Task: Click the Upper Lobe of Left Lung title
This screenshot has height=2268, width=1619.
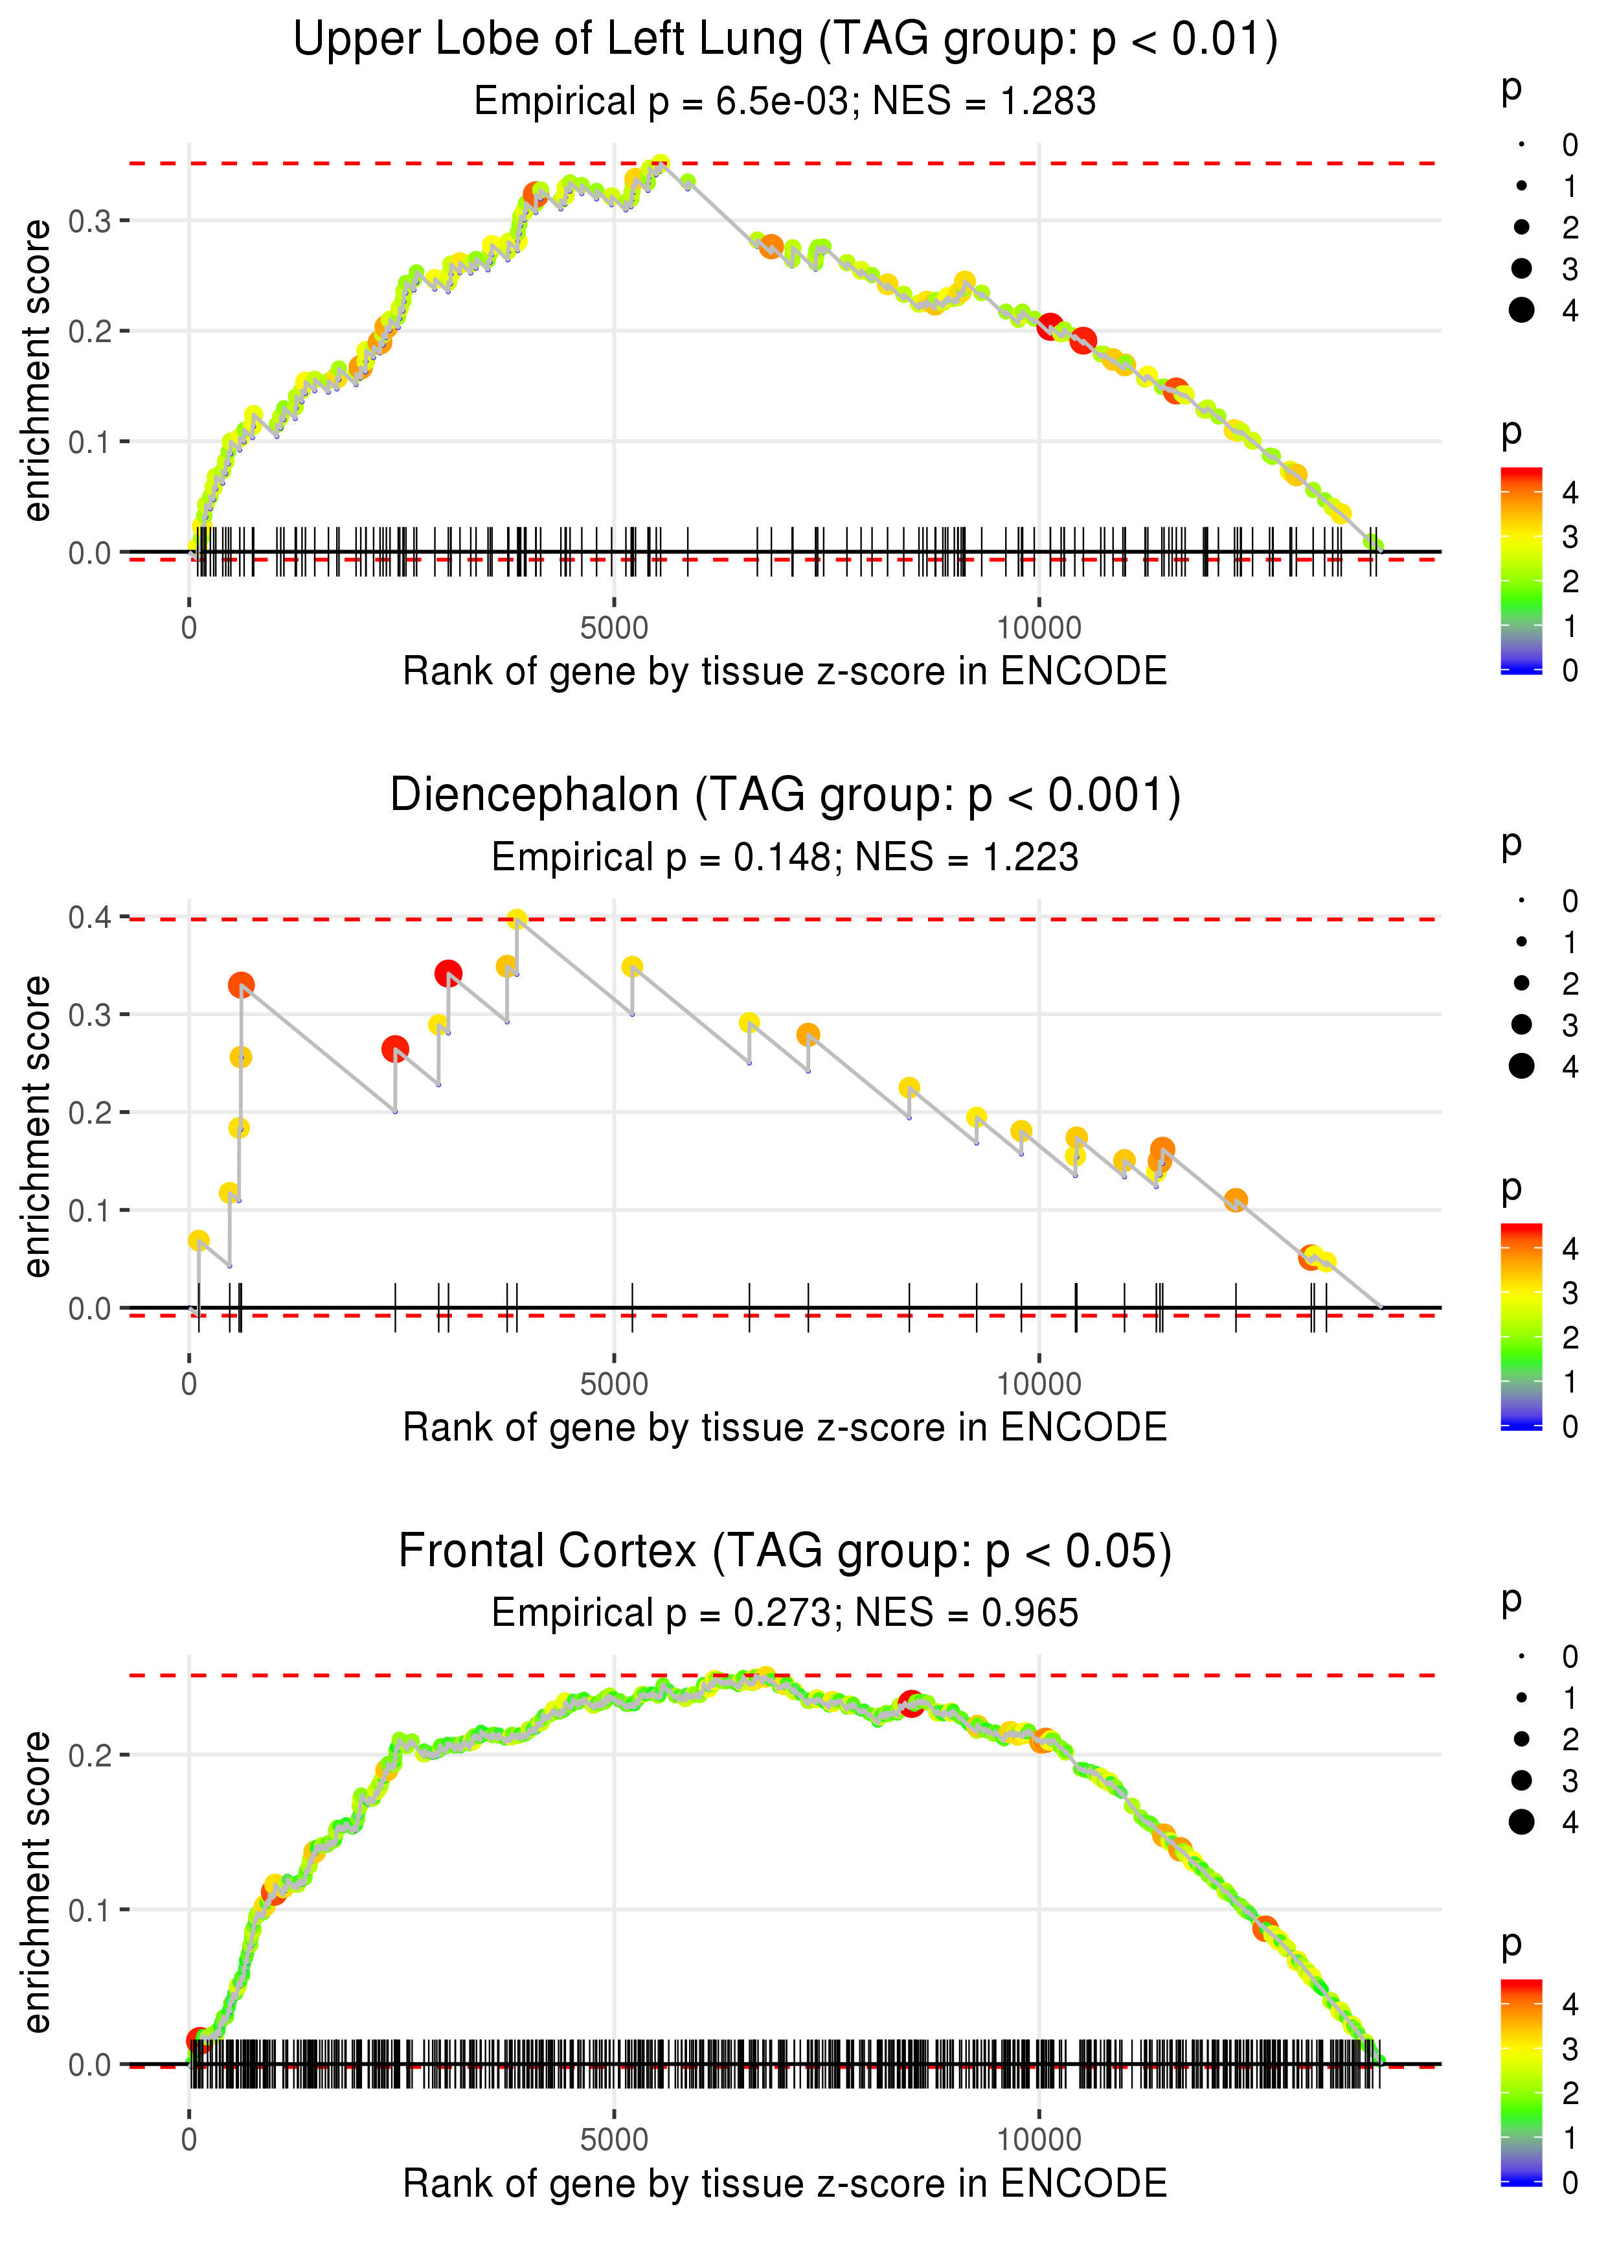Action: (785, 40)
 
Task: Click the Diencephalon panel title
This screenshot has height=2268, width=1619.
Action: (785, 796)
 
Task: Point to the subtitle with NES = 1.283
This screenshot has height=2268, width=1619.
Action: (785, 102)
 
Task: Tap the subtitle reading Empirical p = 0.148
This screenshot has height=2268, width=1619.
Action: (785, 858)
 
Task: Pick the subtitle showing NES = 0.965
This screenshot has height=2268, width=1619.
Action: (785, 1614)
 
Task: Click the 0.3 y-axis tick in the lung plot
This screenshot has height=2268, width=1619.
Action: (90, 220)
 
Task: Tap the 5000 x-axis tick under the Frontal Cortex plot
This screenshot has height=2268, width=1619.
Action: (614, 2139)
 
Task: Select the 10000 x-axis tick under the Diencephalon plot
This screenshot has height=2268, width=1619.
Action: (1039, 1383)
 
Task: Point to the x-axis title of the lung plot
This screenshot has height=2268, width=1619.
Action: (785, 671)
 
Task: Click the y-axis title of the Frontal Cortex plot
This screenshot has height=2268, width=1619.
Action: (37, 1882)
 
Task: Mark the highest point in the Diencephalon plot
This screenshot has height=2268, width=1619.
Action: (516, 919)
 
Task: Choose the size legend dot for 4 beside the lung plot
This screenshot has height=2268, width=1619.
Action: (1521, 310)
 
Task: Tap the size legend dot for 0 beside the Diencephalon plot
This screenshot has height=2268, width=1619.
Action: (1521, 901)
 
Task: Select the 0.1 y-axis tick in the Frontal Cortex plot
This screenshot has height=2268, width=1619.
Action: (90, 1910)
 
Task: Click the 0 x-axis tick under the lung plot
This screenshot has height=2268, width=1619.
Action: (189, 629)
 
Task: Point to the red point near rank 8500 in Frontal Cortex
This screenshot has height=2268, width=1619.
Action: (910, 1702)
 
